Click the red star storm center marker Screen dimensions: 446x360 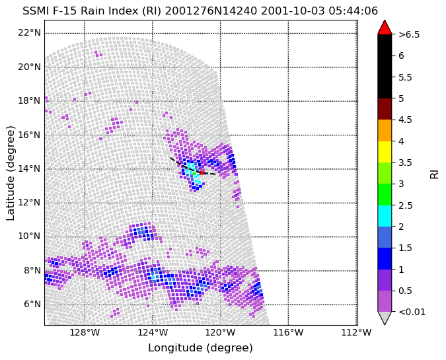coord(202,172)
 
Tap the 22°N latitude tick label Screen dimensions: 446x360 coord(29,33)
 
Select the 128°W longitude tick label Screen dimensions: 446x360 coord(85,332)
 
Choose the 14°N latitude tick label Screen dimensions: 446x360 coord(29,169)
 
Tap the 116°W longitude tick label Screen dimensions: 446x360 coord(289,332)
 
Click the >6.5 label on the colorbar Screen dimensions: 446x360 coord(409,34)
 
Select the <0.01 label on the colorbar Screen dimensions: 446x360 coord(412,312)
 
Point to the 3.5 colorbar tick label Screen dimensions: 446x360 coord(406,162)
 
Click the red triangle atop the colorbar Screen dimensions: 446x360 coord(385,27)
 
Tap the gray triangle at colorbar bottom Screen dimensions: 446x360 coord(385,318)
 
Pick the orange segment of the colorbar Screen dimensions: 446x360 coord(385,131)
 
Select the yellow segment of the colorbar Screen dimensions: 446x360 coord(385,152)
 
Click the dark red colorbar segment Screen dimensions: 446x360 coord(385,109)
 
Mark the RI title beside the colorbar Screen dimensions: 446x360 coord(434,173)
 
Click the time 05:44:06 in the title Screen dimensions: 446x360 coord(353,11)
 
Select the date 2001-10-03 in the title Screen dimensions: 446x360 coord(293,11)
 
